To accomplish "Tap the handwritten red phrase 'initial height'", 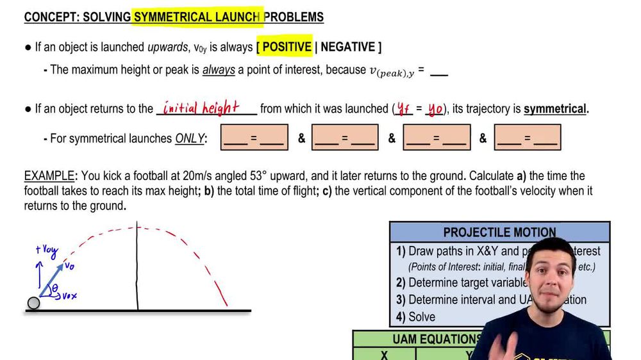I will coord(201,107).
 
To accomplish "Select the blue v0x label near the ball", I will coord(69,295).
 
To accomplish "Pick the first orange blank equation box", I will coord(254,138).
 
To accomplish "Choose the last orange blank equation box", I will coord(528,138).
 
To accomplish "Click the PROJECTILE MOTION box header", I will coord(499,232).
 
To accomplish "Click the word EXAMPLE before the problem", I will coord(51,176).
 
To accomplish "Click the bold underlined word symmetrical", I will coord(555,109).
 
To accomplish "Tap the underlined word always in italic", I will coord(219,70).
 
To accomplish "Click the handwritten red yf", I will coord(404,110).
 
